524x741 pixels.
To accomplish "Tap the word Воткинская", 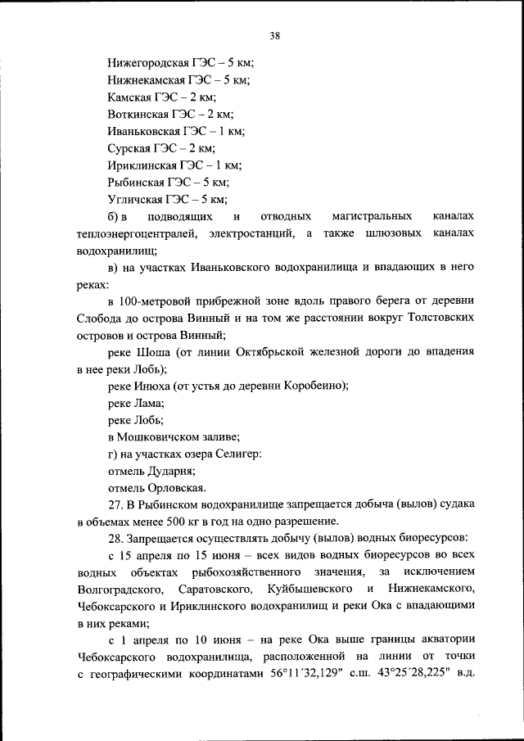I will [x=137, y=114].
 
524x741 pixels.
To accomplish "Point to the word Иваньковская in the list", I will [x=142, y=131].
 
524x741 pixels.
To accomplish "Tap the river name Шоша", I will [x=150, y=351].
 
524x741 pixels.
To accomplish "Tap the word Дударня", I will [x=171, y=472].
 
